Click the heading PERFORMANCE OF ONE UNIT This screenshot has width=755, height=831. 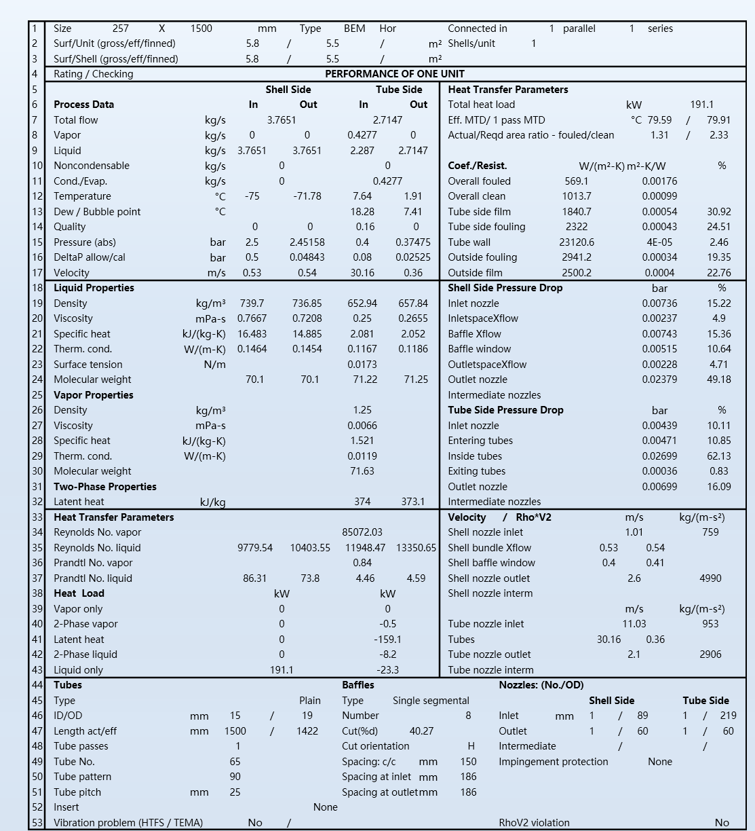tap(395, 74)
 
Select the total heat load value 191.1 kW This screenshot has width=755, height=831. tap(701, 105)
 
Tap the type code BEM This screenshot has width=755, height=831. tap(354, 29)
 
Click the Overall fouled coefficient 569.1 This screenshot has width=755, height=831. tap(577, 181)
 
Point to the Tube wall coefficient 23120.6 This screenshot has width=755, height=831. tap(577, 242)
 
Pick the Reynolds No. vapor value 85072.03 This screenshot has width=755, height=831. tap(362, 532)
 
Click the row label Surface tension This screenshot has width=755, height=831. tap(88, 365)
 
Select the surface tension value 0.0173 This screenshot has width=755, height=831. tap(362, 365)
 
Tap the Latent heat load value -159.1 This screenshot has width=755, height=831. tap(387, 640)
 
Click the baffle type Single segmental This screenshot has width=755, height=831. tap(431, 701)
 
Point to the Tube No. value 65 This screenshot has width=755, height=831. tap(235, 762)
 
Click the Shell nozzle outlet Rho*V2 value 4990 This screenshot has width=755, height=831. tap(710, 578)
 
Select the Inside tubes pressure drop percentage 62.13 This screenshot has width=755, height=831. tap(718, 456)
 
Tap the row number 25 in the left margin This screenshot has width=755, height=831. tap(37, 395)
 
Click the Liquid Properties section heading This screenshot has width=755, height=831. tap(94, 288)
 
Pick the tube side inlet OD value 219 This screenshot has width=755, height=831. tap(728, 716)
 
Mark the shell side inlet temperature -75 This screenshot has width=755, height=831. tap(252, 196)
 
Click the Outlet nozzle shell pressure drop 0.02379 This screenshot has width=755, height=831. tap(659, 380)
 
